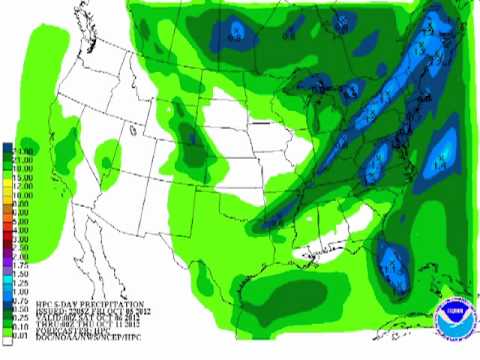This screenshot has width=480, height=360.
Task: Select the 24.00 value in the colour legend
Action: pos(23,149)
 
